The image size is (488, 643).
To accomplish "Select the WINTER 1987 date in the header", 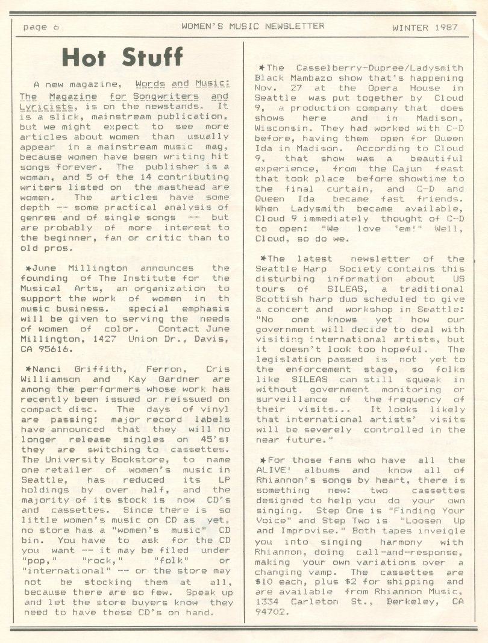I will (x=425, y=27).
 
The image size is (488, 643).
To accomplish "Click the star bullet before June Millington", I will (x=28, y=268).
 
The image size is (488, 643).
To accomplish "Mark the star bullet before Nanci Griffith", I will (x=28, y=369).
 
